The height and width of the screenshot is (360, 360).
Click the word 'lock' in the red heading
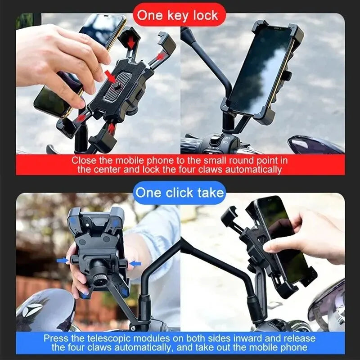(x=203, y=15)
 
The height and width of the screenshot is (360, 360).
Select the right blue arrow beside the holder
(x=135, y=262)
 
